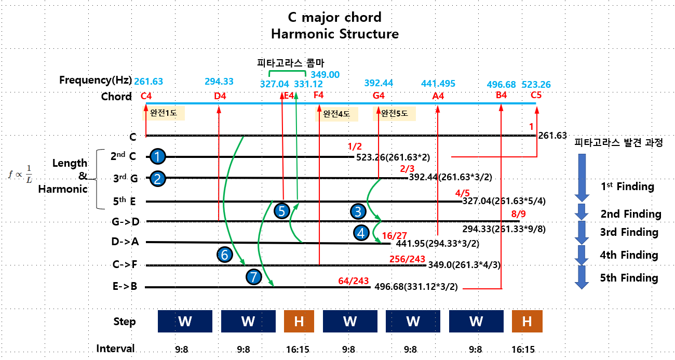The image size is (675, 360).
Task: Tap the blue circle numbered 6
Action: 224,255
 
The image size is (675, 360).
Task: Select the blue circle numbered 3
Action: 358,211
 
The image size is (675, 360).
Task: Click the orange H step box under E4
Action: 299,321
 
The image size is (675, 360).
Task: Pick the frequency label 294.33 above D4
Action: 219,82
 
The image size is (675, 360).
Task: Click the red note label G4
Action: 379,96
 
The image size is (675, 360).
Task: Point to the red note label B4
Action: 501,96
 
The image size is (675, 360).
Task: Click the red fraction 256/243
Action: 407,259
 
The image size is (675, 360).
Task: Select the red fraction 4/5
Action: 462,194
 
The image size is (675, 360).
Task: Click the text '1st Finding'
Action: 627,186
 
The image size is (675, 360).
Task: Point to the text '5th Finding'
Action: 629,278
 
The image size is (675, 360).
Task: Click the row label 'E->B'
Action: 125,287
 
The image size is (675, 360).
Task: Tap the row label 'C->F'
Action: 125,264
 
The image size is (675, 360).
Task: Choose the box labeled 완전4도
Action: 336,113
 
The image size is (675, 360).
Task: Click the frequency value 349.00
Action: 325,75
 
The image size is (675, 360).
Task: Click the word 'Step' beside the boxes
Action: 125,322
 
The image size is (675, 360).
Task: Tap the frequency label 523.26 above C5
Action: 536,85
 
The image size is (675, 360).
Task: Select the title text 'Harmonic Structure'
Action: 334,34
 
